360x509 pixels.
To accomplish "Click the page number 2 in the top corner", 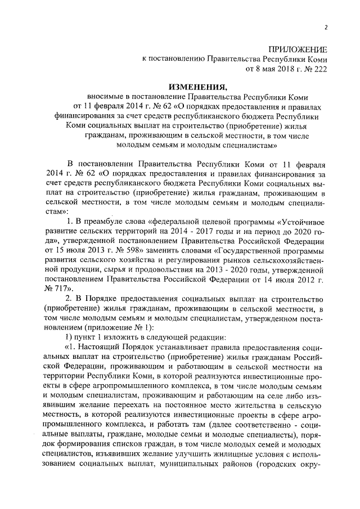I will (325, 28).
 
